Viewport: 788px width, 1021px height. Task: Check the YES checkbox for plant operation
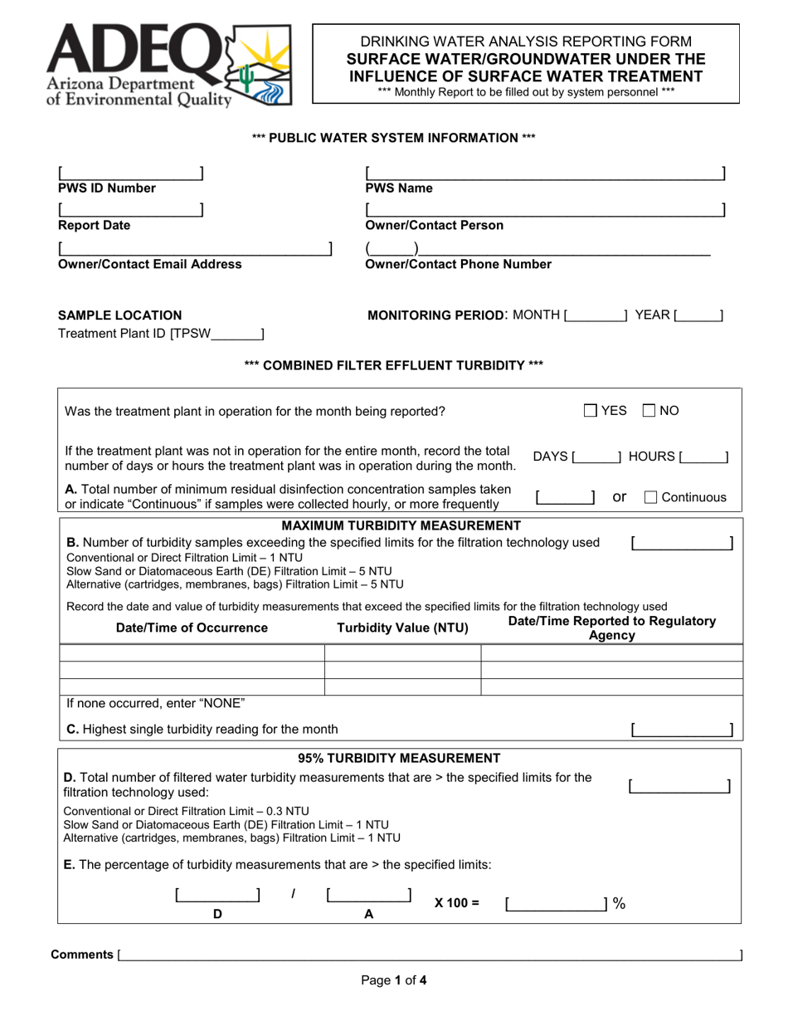click(590, 410)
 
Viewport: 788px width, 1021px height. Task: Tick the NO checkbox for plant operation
click(650, 410)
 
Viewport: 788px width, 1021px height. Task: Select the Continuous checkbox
click(651, 497)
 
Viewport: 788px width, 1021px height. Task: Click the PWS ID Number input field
click(130, 173)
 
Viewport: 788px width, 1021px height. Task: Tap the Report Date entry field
click(130, 210)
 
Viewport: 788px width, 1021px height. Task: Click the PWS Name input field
click(545, 173)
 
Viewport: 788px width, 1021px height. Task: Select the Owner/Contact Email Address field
click(195, 248)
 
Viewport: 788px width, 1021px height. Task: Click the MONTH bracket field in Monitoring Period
click(596, 315)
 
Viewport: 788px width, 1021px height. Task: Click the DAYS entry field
click(596, 457)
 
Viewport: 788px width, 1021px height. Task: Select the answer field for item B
click(681, 543)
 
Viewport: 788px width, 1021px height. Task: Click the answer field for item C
click(681, 730)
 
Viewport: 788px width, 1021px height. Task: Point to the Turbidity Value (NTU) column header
click(402, 628)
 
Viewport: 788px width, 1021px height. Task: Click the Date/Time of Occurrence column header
click(192, 628)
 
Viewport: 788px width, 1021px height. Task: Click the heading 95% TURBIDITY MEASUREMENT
click(399, 758)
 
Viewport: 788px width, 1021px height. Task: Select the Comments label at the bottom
click(82, 955)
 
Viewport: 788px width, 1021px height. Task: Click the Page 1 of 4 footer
click(394, 980)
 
